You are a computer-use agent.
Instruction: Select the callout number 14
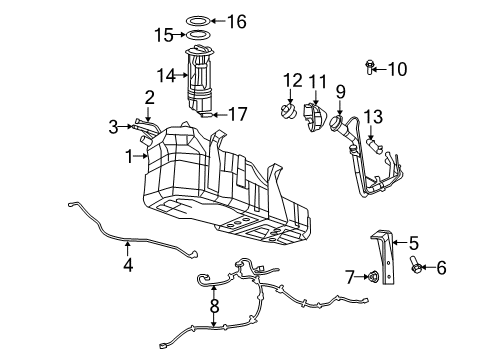click(x=166, y=74)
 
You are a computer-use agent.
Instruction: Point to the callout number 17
click(x=239, y=115)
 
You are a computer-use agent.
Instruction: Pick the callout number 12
click(x=292, y=79)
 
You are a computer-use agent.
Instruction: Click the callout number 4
click(x=127, y=266)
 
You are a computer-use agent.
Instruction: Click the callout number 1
click(x=128, y=155)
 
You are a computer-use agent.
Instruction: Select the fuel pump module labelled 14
click(x=205, y=83)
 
